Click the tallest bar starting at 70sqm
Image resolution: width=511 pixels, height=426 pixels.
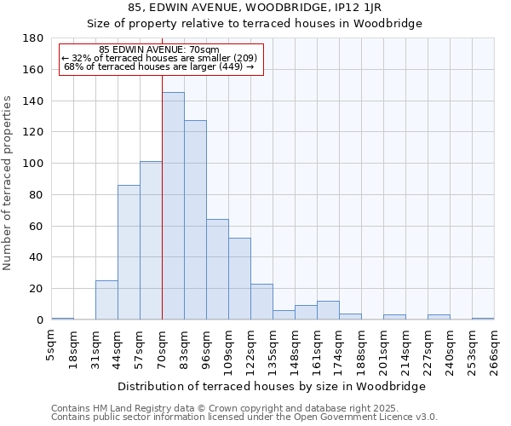[x=173, y=206]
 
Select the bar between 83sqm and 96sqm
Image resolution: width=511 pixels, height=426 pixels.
[x=195, y=220]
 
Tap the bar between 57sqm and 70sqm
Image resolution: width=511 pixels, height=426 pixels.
[x=151, y=240]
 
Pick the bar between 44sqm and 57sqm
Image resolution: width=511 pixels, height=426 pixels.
[x=129, y=252]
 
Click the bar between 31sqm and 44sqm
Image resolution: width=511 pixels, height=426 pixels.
[x=106, y=300]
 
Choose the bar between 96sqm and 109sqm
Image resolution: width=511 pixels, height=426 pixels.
[x=217, y=269]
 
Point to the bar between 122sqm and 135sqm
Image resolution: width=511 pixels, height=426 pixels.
[x=261, y=302]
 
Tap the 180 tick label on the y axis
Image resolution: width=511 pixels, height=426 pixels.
[x=35, y=38]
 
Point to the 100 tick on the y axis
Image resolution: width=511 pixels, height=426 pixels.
[x=35, y=164]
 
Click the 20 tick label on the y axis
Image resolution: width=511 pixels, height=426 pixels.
[x=38, y=289]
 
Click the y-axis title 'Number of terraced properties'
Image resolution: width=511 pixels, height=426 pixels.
[x=9, y=183]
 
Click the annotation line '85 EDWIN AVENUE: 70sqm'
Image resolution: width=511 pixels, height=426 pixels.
[x=159, y=49]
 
